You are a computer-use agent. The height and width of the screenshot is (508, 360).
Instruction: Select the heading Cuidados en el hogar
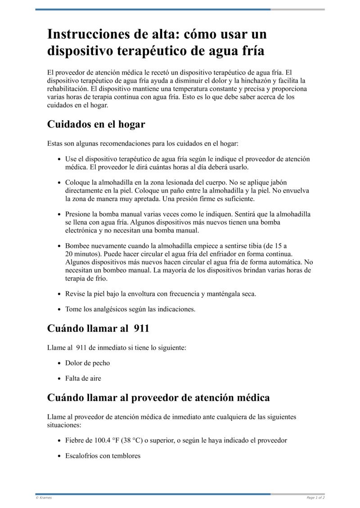(x=96, y=124)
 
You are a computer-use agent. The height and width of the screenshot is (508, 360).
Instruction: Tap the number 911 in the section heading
(x=139, y=328)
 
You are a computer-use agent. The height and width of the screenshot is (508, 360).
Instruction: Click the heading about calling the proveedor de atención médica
(x=158, y=397)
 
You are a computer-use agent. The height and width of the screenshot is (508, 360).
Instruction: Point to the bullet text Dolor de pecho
(x=87, y=363)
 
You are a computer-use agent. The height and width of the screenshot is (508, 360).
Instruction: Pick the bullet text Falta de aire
(x=83, y=378)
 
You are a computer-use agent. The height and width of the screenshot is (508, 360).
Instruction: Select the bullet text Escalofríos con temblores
(x=103, y=455)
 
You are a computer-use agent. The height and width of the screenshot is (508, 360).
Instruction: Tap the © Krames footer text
(x=44, y=498)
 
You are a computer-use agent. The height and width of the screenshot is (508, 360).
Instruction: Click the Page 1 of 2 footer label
(x=315, y=498)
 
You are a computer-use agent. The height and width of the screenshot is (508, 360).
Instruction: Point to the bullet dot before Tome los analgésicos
(x=60, y=309)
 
